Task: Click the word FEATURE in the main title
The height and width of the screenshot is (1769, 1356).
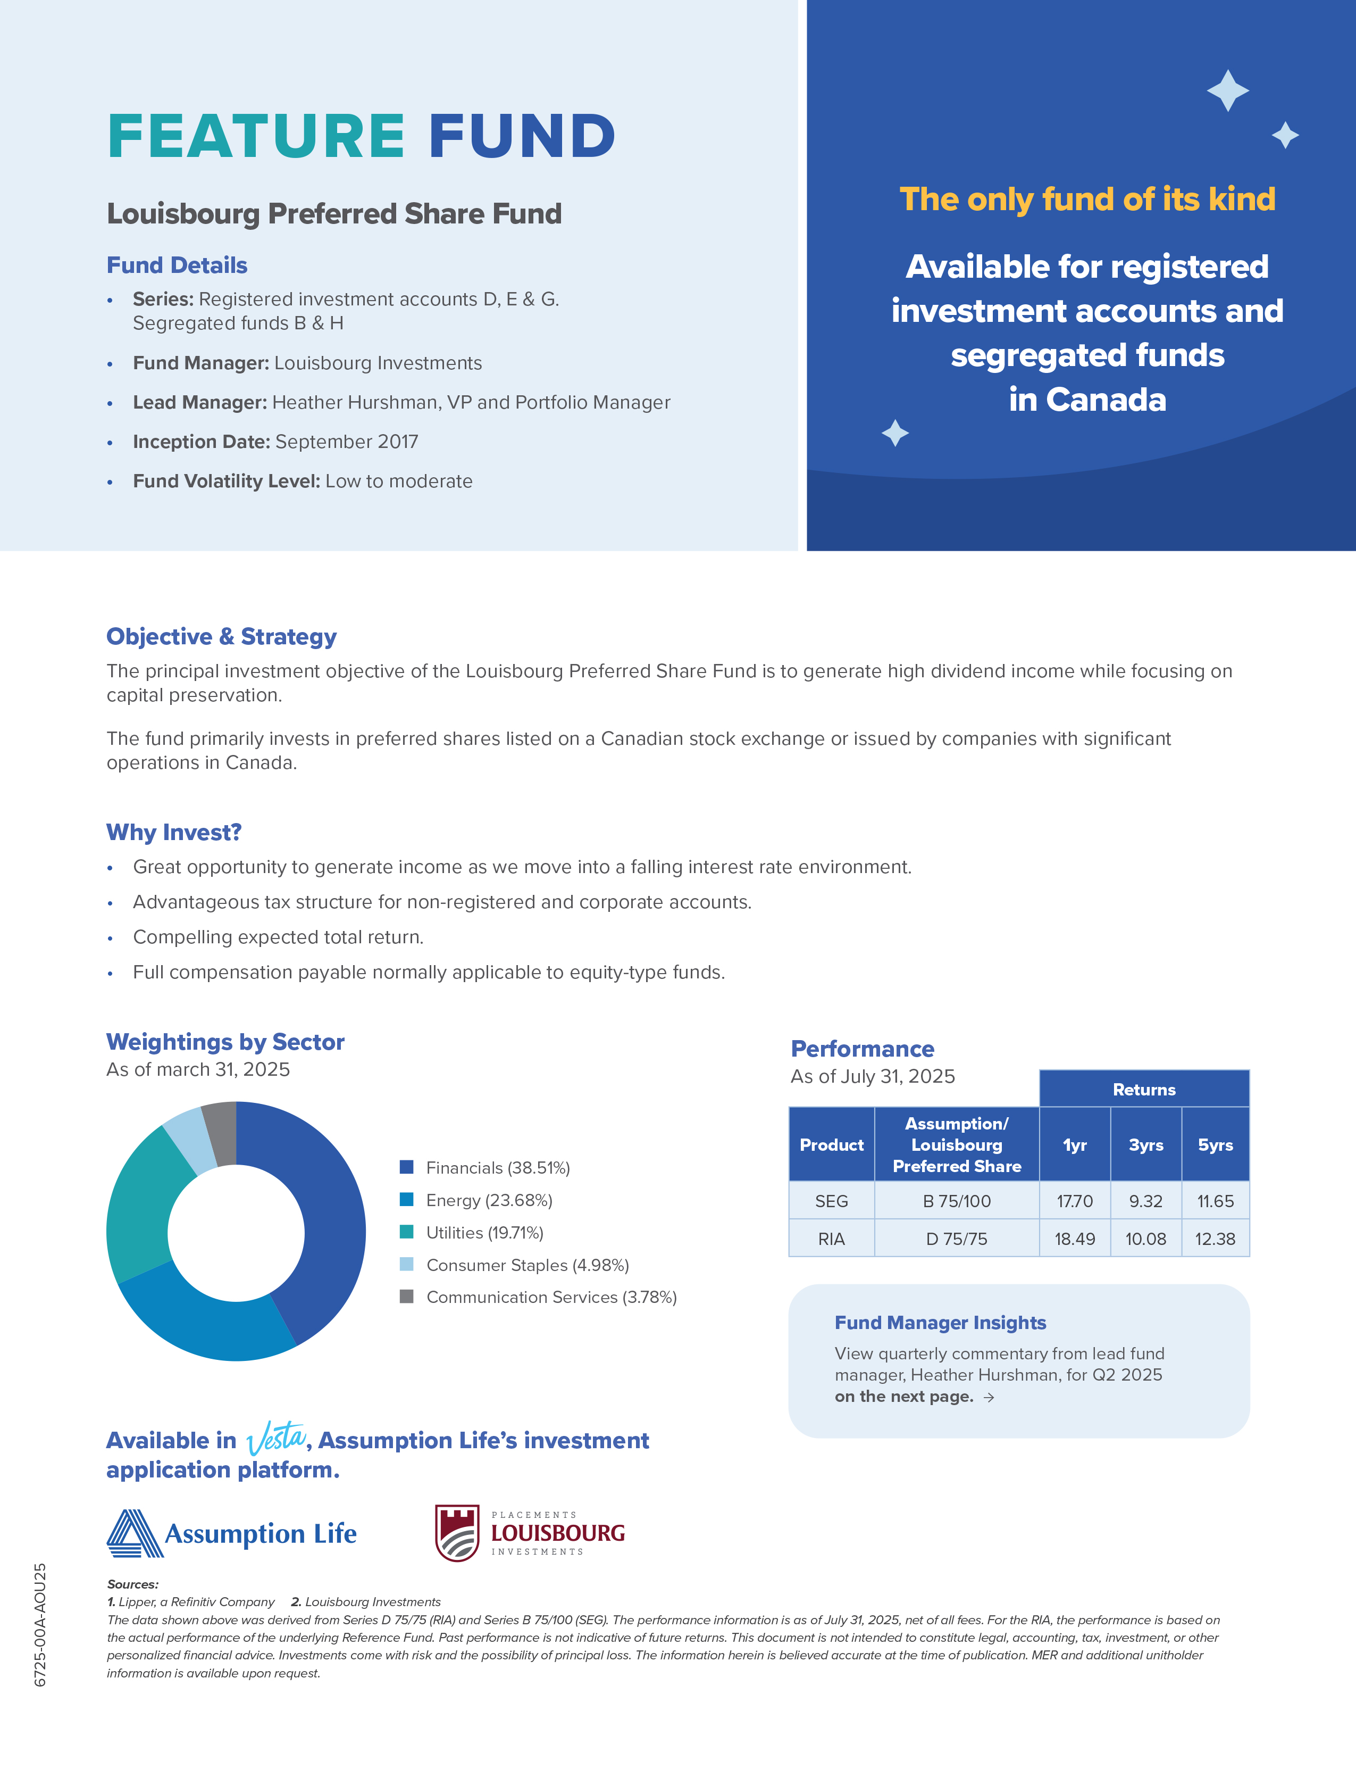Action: click(256, 136)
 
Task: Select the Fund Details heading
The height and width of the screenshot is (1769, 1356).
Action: click(177, 265)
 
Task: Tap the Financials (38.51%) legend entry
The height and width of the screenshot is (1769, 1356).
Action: click(497, 1167)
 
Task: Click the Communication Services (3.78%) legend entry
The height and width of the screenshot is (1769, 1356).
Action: click(550, 1297)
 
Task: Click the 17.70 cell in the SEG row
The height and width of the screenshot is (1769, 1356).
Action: click(1074, 1201)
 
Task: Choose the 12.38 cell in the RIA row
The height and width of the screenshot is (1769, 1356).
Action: click(1215, 1239)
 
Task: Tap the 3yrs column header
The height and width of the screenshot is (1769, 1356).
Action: click(1145, 1145)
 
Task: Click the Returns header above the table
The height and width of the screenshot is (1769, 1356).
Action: click(1144, 1089)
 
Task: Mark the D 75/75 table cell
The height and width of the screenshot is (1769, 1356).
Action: click(957, 1239)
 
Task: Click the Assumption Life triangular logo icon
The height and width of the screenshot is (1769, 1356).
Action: click(134, 1532)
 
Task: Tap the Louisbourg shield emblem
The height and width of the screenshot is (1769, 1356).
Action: click(457, 1532)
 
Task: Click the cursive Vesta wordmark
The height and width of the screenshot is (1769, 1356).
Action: click(276, 1438)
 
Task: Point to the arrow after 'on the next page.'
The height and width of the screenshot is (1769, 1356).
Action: click(989, 1397)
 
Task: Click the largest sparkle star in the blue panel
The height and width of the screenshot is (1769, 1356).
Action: click(1228, 90)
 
